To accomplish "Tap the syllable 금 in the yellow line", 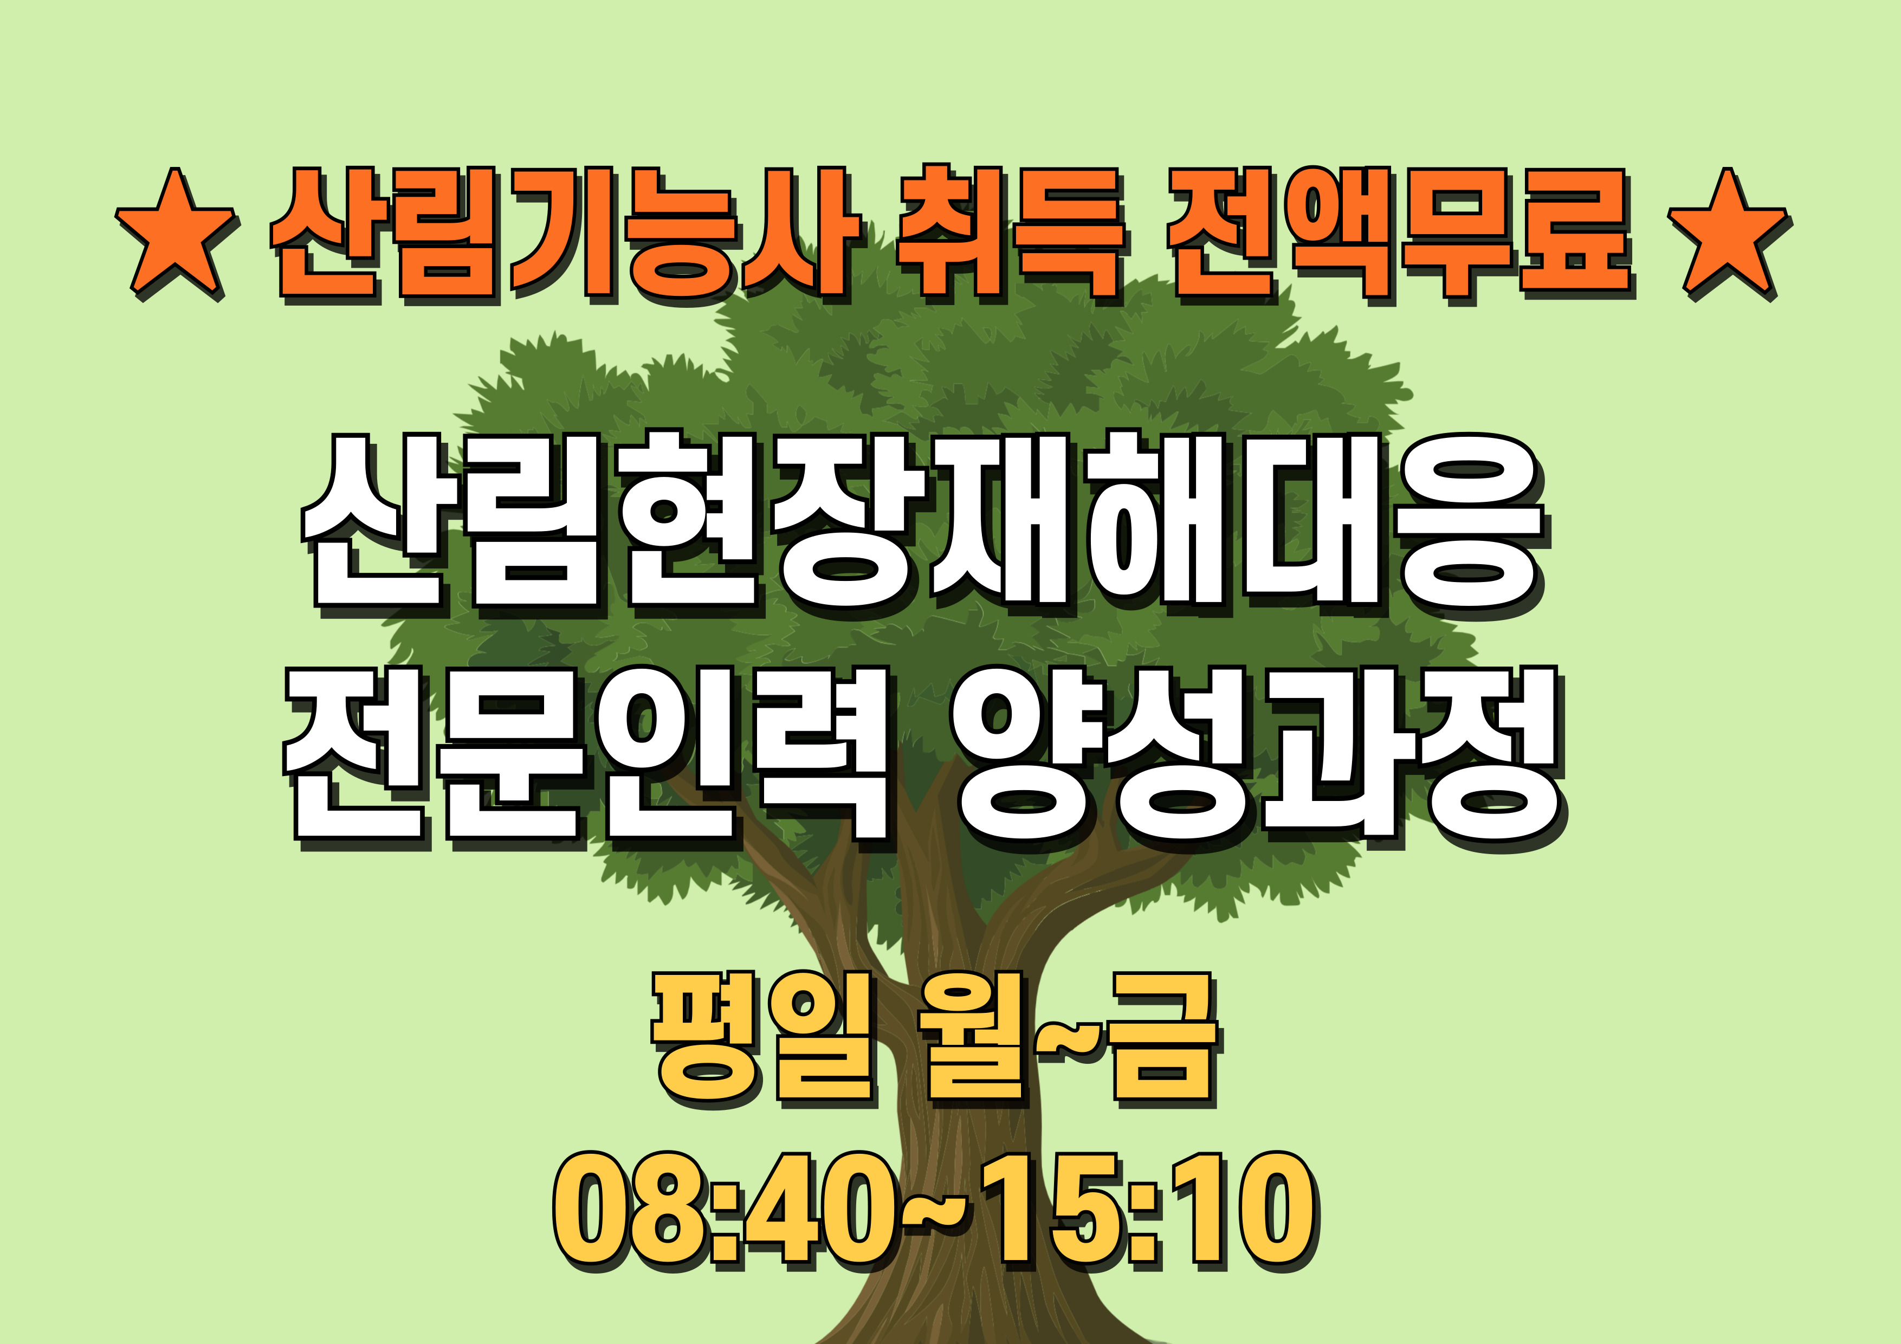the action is (x=1164, y=1039).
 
